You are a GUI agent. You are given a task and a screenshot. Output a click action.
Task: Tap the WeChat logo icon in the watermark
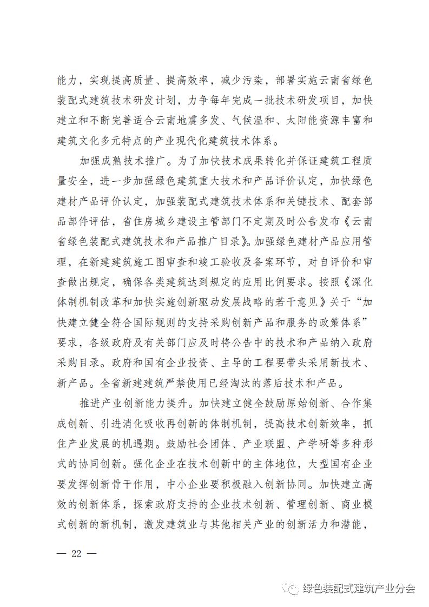tap(293, 588)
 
